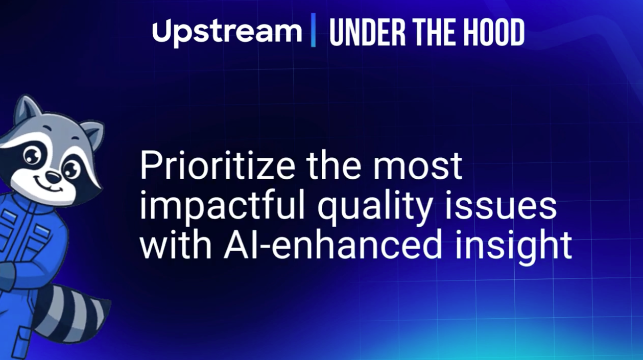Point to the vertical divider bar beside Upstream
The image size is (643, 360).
(x=313, y=30)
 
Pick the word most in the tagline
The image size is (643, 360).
(x=417, y=166)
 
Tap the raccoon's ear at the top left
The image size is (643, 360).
(x=27, y=110)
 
